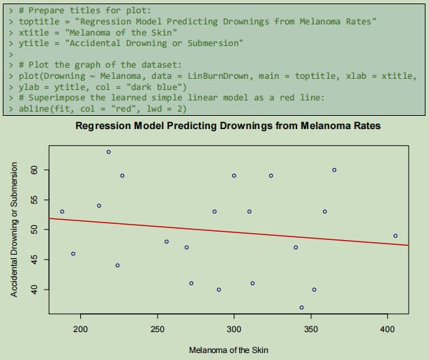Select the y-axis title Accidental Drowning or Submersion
pos(15,230)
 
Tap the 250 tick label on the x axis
pos(158,328)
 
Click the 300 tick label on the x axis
pos(234,328)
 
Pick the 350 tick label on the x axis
pos(311,328)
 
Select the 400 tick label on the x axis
pos(388,328)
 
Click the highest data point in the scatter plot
pos(108,151)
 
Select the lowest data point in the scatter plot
pos(301,307)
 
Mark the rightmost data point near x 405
pos(395,236)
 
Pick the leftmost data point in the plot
pos(62,211)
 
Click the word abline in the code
pos(28,108)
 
